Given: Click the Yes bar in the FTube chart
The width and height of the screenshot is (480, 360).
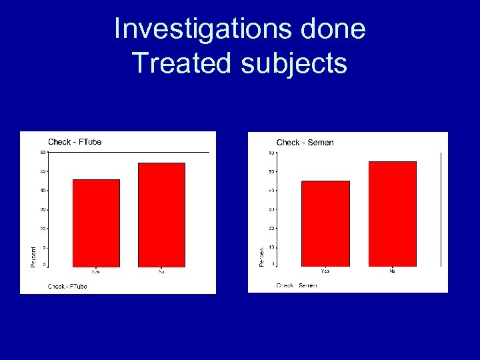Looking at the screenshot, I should pos(96,223).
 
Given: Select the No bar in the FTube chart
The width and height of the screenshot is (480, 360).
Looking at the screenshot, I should pos(161,215).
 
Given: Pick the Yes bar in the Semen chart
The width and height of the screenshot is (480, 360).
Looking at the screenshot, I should pos(325,223).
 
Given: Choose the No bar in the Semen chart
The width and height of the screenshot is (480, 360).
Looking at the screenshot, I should pos(392,214).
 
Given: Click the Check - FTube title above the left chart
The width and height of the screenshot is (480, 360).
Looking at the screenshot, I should pos(75,141).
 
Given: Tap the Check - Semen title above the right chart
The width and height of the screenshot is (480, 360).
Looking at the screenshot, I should pos(305,142).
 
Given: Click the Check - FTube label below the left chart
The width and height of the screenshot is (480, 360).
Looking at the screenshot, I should pos(67,287).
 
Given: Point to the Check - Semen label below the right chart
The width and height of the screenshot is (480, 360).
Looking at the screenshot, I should pos(297,285).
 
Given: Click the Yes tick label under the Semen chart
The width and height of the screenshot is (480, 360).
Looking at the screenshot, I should pos(325,271).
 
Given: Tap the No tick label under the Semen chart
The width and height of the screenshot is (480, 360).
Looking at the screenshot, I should pos(392,271).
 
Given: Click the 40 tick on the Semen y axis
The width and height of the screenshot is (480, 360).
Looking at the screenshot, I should pos(271,191).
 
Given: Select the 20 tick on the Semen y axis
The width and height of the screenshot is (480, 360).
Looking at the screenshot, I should pos(271,229).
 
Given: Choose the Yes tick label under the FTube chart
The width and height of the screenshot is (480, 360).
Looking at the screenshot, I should pos(96,271).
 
